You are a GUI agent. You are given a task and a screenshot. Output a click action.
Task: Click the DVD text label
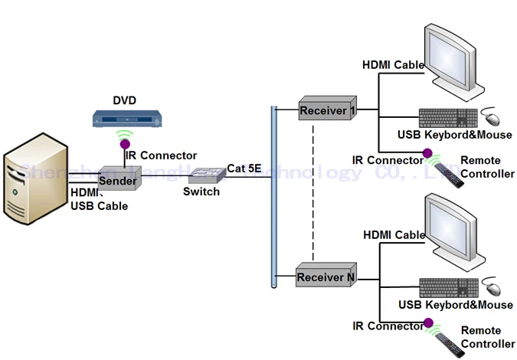[124, 100]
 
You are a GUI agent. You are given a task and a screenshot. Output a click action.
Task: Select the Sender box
[118, 182]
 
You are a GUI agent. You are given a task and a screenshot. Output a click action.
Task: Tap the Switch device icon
[204, 175]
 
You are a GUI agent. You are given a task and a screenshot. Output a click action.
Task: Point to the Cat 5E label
[245, 169]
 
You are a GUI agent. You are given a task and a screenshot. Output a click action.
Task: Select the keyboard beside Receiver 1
[447, 118]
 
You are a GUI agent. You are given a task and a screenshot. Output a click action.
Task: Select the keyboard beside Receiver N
[447, 287]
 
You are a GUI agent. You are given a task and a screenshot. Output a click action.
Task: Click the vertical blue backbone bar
[273, 195]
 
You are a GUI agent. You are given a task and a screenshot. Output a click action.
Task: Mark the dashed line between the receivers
[312, 191]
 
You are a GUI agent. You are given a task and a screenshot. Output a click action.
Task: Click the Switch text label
[201, 191]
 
